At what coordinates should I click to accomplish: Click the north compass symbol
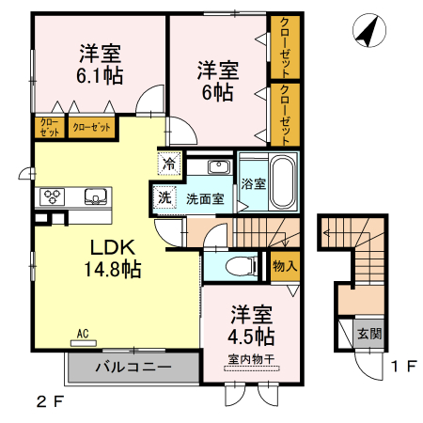point(368,32)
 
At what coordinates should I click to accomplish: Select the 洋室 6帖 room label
point(216,81)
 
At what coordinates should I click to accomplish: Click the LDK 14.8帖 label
point(115,258)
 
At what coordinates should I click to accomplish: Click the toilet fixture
point(241,267)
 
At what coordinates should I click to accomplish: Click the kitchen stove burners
point(53,197)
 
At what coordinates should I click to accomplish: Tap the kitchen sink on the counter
point(94,197)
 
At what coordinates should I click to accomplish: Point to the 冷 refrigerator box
point(168,163)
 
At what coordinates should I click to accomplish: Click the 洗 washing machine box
point(164,198)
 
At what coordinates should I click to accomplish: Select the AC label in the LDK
point(82,334)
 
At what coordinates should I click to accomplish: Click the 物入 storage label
point(285,266)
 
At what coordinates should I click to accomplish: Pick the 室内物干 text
point(250,357)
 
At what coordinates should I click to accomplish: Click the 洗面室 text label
point(203,199)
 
